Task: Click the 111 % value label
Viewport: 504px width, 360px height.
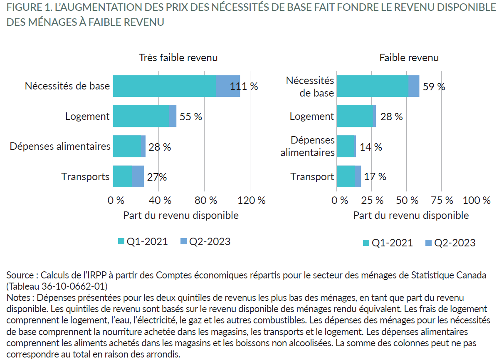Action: pos(244,87)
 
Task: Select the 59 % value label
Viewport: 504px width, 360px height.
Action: pos(434,87)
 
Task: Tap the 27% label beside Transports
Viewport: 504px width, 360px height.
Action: pos(157,177)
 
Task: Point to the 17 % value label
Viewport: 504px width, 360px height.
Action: pos(375,176)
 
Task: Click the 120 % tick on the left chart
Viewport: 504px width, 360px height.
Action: pos(252,200)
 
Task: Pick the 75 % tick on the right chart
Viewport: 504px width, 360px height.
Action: pos(442,200)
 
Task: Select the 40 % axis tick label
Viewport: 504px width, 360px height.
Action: pos(160,200)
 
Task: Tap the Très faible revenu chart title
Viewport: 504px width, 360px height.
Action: pos(178,58)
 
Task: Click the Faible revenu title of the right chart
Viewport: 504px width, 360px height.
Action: pos(409,58)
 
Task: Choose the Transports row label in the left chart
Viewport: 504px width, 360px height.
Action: pos(85,176)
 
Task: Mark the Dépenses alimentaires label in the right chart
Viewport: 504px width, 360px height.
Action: pos(307,146)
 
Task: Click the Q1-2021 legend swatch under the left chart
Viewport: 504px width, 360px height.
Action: pos(121,241)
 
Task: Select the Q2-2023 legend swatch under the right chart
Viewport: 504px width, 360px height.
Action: pos(429,243)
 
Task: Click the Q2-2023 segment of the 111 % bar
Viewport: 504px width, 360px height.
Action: pos(228,86)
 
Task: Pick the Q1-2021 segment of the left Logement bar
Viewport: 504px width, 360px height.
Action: pos(141,116)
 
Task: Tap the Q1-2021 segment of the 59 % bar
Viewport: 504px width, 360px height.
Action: pos(372,86)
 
